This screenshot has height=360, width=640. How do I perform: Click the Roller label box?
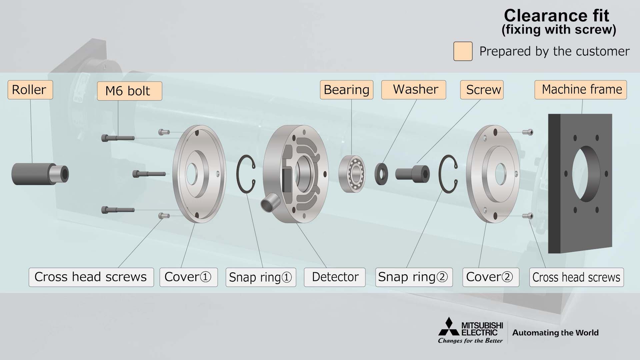[30, 90]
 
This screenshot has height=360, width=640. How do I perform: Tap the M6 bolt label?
[129, 91]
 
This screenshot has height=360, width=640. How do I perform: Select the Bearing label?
[346, 90]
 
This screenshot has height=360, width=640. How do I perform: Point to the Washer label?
[414, 90]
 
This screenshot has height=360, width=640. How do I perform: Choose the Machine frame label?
[581, 90]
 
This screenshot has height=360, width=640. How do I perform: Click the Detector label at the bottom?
[335, 277]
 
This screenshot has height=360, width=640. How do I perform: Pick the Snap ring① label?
[261, 277]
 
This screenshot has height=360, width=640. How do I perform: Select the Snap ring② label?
[414, 277]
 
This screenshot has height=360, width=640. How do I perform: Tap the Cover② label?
[491, 277]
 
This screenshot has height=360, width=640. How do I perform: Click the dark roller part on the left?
[40, 174]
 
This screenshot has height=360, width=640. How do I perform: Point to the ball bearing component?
[352, 174]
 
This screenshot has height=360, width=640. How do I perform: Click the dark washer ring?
[381, 174]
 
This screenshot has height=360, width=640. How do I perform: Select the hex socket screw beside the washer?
[412, 174]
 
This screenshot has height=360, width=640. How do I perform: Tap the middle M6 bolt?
[149, 174]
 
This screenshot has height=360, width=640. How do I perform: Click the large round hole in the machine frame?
[586, 174]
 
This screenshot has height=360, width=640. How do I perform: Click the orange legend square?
[463, 51]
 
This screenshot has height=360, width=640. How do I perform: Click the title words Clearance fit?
[556, 15]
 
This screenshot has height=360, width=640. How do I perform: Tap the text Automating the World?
[555, 333]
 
